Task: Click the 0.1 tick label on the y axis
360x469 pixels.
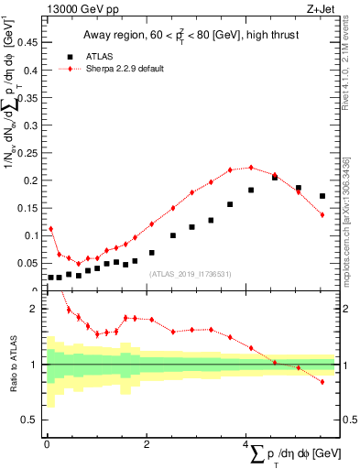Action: (29, 235)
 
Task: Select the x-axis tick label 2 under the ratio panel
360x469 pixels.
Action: (147, 444)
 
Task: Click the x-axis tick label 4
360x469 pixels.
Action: (247, 444)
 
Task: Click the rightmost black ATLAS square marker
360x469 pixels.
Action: (322, 196)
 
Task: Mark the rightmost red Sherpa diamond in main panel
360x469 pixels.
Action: (322, 214)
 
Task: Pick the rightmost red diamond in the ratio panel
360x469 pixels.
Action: (322, 381)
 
